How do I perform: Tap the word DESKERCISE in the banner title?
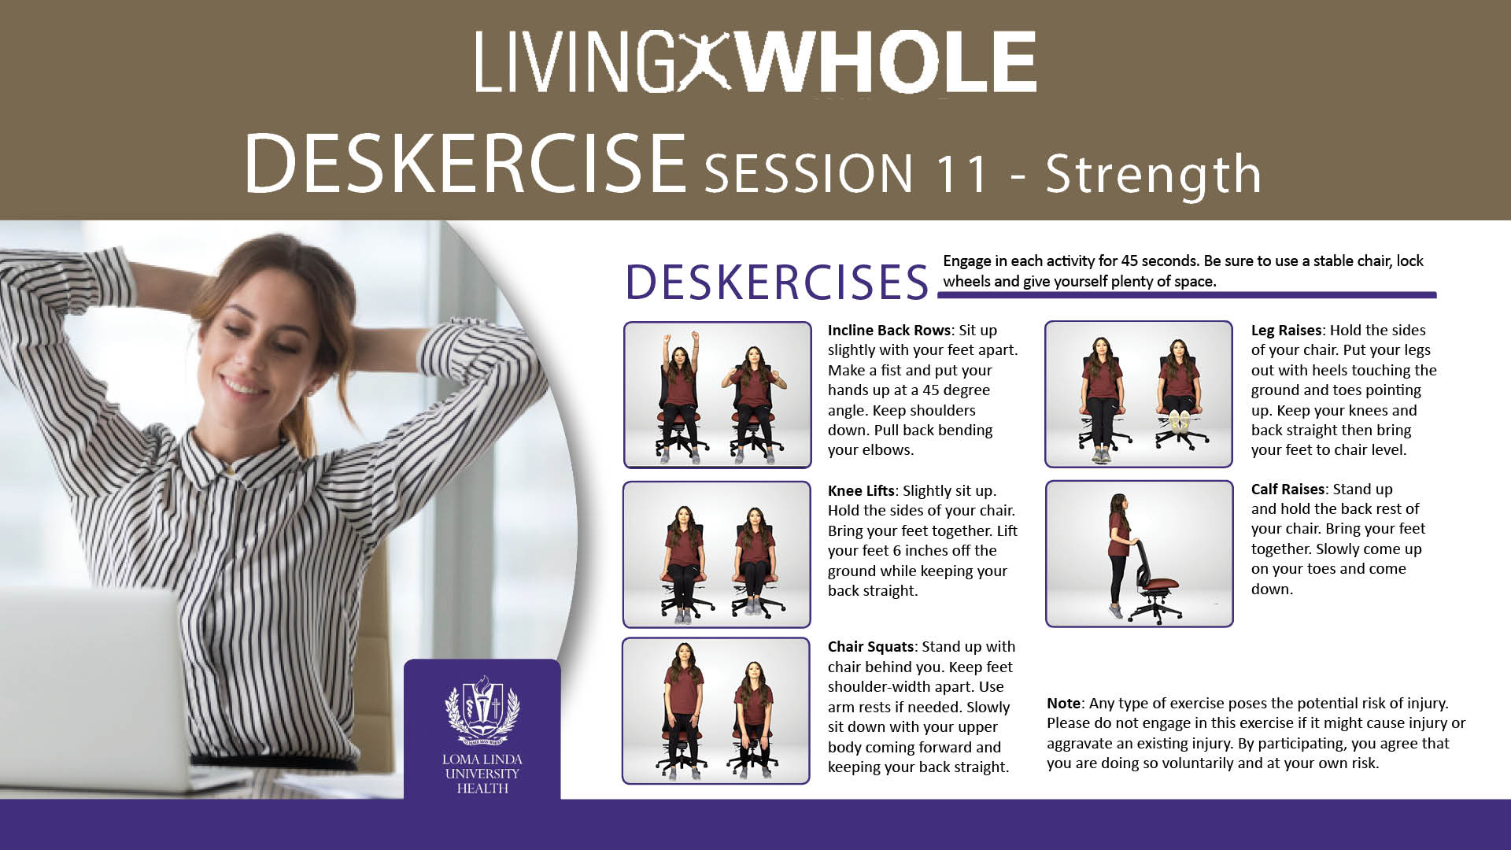click(x=465, y=164)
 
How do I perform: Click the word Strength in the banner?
click(x=1153, y=174)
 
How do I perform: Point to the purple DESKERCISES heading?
click(x=777, y=282)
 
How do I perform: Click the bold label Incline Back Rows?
click(x=889, y=331)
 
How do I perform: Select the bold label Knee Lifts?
click(x=861, y=491)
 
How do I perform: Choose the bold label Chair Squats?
click(x=870, y=647)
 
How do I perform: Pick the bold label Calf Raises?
click(x=1287, y=490)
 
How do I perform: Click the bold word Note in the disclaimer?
click(x=1064, y=704)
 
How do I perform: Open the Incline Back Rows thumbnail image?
click(x=717, y=395)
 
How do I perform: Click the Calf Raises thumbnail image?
click(x=1139, y=554)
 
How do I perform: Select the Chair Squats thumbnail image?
click(x=715, y=711)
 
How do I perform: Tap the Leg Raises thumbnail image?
click(x=1138, y=394)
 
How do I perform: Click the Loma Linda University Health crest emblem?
click(x=482, y=710)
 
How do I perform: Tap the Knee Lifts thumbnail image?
click(x=716, y=555)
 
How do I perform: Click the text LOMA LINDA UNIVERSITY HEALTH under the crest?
click(x=482, y=774)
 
